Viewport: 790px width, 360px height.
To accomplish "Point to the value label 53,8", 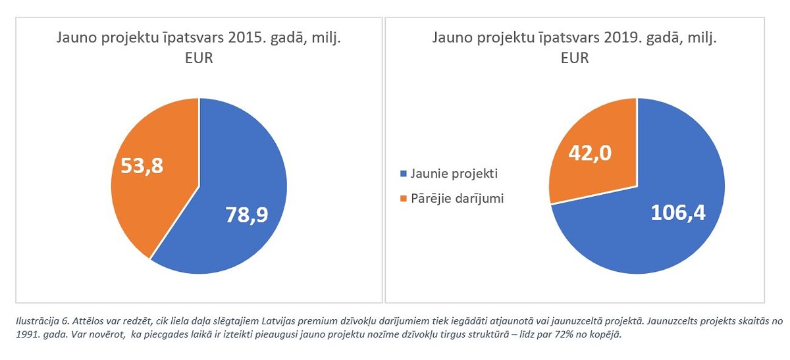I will point(142,165).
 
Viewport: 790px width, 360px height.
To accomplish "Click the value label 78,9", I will point(246,215).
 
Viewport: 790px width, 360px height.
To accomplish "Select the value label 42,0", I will point(591,153).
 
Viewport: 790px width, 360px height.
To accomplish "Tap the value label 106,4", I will point(677,213).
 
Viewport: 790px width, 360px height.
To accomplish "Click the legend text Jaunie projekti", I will point(454,174).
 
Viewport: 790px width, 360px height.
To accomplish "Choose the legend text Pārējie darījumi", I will point(457,198).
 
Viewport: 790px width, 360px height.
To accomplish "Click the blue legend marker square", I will point(403,175).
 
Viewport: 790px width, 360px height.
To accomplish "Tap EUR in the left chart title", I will point(199,59).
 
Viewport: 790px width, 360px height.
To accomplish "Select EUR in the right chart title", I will point(575,59).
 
